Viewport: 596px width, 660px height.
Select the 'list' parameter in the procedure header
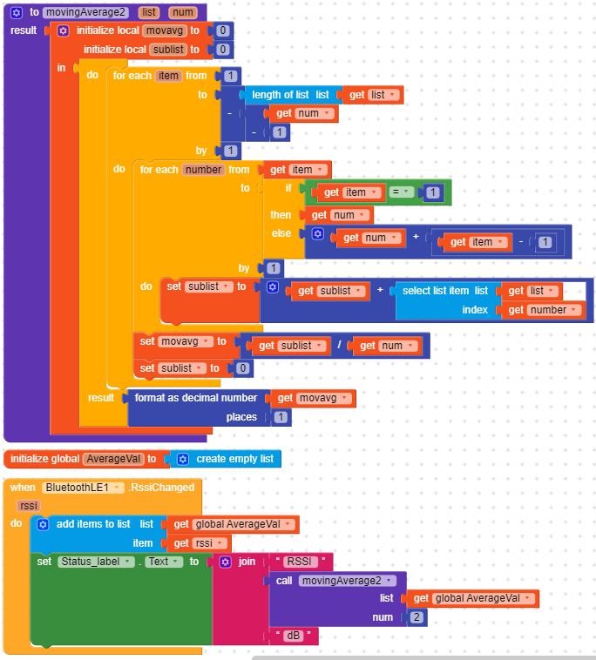(148, 12)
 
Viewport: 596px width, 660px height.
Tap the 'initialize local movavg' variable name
(164, 30)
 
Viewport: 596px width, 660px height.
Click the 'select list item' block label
(435, 291)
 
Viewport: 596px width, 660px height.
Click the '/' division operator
(338, 346)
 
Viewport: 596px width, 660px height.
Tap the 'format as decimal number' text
(196, 398)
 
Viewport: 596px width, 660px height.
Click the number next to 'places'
(281, 417)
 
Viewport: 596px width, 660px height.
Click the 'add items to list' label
(93, 524)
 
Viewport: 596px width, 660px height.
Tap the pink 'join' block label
(247, 562)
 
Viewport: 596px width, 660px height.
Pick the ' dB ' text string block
(292, 636)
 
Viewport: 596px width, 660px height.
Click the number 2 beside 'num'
(416, 617)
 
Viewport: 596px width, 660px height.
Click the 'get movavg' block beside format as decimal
(313, 398)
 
